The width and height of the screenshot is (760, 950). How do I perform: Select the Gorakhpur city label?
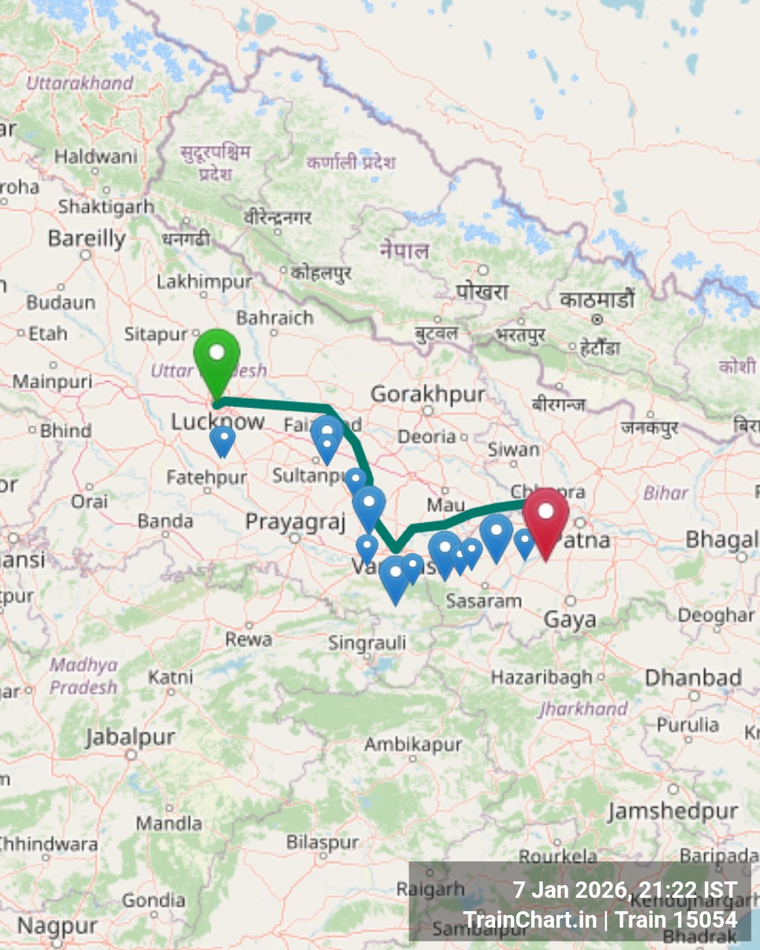[427, 394]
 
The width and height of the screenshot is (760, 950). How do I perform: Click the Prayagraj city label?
[295, 522]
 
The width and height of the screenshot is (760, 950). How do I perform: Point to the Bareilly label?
[87, 239]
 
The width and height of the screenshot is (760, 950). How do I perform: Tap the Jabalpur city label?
[130, 737]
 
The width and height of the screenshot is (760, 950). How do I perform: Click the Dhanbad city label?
[693, 678]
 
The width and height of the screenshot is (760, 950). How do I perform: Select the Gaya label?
[570, 620]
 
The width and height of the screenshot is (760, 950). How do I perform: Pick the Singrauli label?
[368, 643]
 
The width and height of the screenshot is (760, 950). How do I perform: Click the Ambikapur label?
[413, 744]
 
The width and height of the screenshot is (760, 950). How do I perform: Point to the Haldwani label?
[95, 157]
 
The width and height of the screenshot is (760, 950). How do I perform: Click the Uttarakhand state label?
[80, 83]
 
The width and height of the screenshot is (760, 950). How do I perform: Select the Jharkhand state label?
[583, 708]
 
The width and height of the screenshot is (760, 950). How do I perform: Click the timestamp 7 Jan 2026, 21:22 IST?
[624, 890]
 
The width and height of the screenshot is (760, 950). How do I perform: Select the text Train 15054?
[676, 920]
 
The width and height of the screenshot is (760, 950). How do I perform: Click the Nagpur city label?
[57, 927]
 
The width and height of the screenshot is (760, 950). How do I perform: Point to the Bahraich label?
[274, 318]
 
